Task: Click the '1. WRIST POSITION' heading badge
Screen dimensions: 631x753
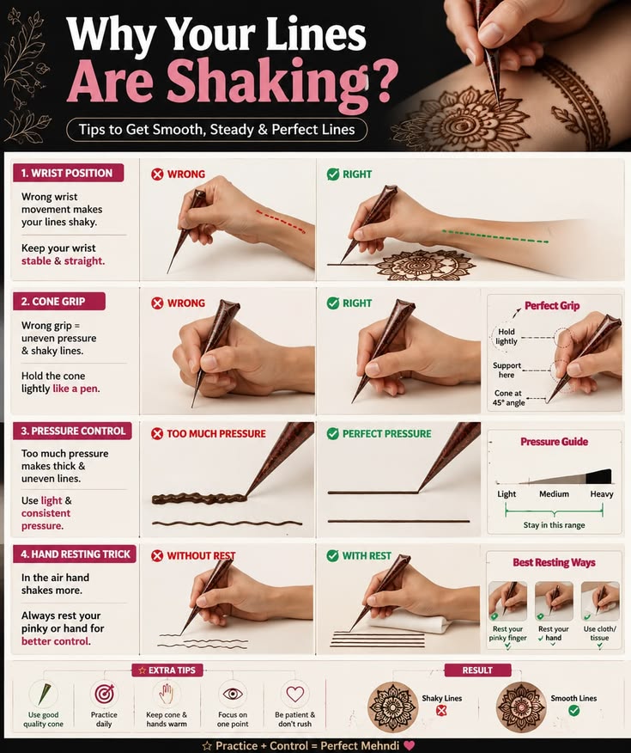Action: (68, 173)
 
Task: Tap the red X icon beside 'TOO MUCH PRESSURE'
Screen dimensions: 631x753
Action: (157, 433)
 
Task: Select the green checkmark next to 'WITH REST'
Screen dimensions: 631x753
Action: (333, 555)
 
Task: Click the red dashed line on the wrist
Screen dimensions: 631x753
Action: (281, 222)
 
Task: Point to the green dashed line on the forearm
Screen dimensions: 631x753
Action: (494, 236)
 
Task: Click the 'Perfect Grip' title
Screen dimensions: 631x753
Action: (552, 305)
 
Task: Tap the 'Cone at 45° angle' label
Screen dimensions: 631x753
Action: (508, 398)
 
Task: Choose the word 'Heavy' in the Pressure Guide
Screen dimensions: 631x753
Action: (602, 493)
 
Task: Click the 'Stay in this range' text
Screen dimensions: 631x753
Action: (554, 525)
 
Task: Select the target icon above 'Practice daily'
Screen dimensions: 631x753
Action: (104, 694)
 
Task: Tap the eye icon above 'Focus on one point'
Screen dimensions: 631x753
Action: (233, 694)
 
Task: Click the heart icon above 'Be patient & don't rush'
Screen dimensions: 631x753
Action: (294, 694)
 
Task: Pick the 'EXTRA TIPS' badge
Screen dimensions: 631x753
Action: (167, 670)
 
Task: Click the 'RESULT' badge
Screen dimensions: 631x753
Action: (477, 670)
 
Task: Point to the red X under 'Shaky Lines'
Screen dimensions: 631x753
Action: (441, 710)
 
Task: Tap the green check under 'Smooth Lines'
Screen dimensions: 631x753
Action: (573, 710)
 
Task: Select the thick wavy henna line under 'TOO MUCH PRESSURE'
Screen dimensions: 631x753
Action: (199, 499)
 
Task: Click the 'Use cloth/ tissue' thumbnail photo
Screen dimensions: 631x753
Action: (600, 601)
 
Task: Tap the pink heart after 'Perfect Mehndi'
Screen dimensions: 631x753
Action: (409, 745)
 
